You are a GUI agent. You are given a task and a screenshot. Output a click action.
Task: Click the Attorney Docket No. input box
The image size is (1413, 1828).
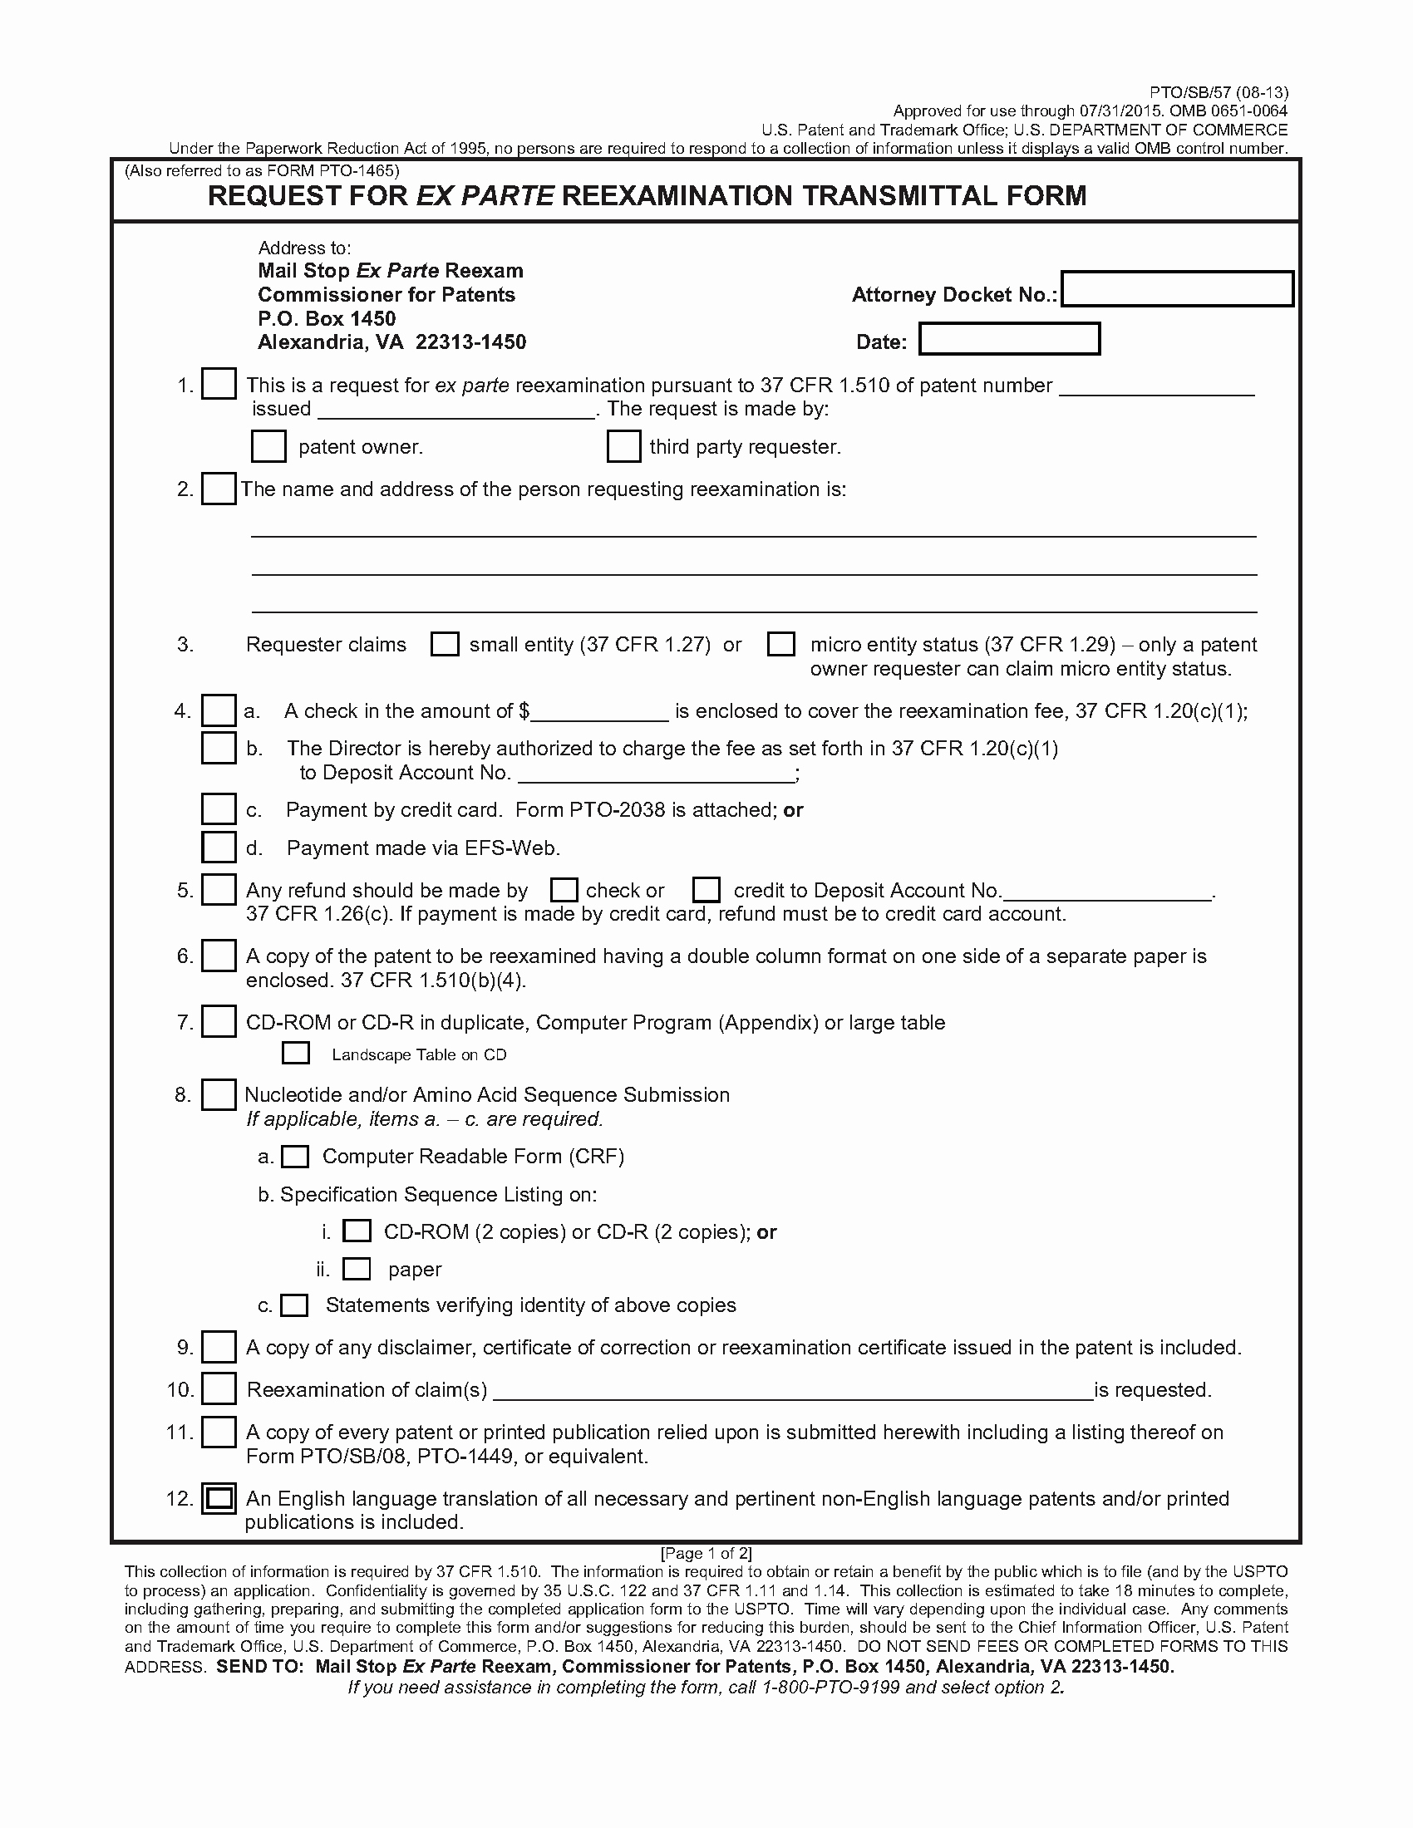click(x=1176, y=289)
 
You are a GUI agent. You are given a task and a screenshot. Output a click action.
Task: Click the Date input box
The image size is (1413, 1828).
click(x=1009, y=339)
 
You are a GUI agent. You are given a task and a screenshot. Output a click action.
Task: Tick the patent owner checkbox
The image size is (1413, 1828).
click(x=268, y=446)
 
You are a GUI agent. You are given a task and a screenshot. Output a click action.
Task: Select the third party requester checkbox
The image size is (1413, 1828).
click(x=623, y=446)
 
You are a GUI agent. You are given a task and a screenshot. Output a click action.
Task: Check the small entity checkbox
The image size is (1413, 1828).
click(x=445, y=644)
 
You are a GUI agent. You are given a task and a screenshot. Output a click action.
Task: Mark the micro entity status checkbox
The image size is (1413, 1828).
click(x=781, y=644)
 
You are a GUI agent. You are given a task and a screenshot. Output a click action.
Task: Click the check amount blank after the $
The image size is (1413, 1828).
click(x=600, y=711)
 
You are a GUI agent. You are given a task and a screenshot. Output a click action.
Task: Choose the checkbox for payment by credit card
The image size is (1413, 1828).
click(x=219, y=809)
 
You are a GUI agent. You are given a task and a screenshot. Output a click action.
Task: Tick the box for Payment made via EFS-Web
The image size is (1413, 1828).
click(x=219, y=847)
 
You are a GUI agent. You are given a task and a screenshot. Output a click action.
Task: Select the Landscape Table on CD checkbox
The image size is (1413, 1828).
click(x=296, y=1053)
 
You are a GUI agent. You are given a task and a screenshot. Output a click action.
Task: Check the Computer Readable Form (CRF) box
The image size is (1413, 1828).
click(x=295, y=1157)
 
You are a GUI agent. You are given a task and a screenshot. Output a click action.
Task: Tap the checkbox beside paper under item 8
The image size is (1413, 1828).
click(x=357, y=1269)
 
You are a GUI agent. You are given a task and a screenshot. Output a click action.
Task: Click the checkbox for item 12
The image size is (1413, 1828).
click(x=219, y=1497)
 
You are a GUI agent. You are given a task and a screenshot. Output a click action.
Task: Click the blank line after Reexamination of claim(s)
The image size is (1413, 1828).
click(x=793, y=1390)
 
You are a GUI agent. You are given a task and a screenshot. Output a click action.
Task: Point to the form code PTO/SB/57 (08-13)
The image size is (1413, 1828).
click(x=1218, y=92)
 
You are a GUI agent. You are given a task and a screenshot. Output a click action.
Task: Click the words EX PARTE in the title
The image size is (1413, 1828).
click(x=485, y=196)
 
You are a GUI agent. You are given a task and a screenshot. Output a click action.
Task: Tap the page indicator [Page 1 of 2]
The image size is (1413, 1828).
click(x=706, y=1553)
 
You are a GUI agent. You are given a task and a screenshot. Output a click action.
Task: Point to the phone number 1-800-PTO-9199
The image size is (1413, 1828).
click(x=830, y=1687)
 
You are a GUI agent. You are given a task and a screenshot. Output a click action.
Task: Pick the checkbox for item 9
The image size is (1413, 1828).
click(x=219, y=1347)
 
